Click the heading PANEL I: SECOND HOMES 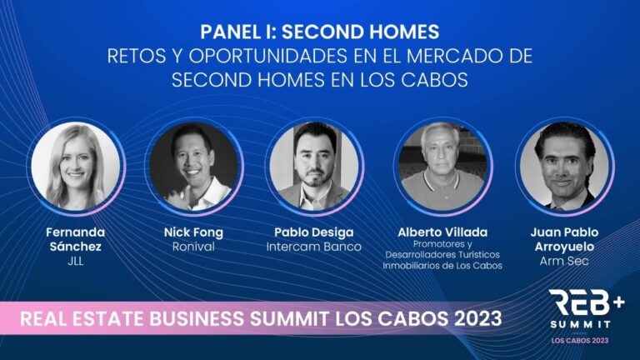[x=320, y=32]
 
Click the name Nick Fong [x=193, y=232]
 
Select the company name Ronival [x=193, y=247]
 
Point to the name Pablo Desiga [x=314, y=232]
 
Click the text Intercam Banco [x=314, y=247]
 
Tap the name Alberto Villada [x=442, y=232]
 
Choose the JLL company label [x=76, y=261]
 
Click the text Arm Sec [x=564, y=261]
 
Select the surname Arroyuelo [x=564, y=247]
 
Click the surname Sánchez [x=76, y=247]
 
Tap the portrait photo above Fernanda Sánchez [x=76, y=167]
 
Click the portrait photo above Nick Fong [x=193, y=167]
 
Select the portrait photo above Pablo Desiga [x=314, y=167]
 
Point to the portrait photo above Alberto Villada [x=442, y=167]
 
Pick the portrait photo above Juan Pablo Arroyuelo [x=564, y=167]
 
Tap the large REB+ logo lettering [x=587, y=302]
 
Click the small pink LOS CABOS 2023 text [x=580, y=340]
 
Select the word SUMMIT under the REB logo [x=580, y=324]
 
